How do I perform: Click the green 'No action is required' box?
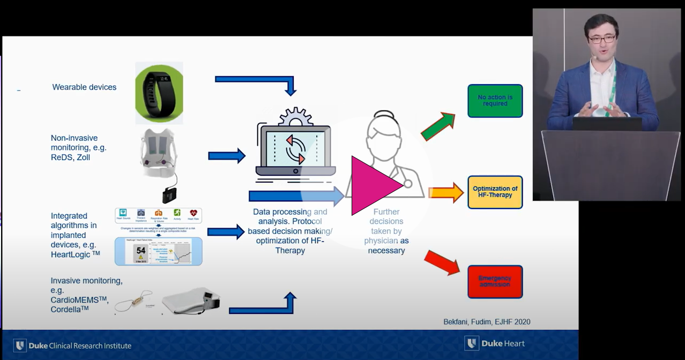click(495, 101)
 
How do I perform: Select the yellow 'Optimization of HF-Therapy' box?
click(495, 192)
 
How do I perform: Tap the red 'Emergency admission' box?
click(495, 281)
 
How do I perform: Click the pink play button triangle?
click(374, 185)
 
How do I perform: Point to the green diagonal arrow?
click(438, 127)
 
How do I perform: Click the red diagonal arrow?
click(442, 262)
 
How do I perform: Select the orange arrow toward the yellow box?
click(446, 192)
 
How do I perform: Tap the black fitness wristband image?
click(159, 93)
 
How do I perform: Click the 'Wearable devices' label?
click(84, 87)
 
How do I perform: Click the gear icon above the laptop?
click(295, 116)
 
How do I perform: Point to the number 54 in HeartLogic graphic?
click(141, 250)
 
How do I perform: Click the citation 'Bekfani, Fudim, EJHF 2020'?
click(487, 322)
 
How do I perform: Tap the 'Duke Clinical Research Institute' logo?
click(72, 345)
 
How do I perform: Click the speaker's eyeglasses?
click(602, 39)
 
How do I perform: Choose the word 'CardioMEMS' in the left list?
click(77, 300)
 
